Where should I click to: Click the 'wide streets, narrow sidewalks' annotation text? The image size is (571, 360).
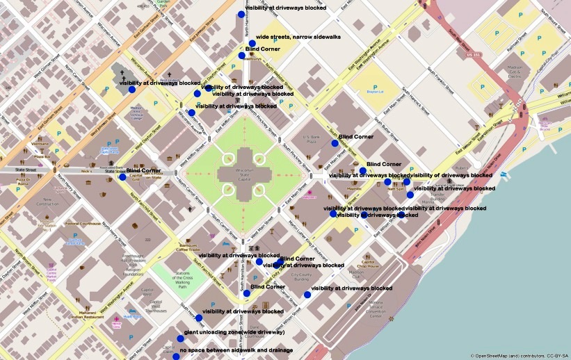pos(298,37)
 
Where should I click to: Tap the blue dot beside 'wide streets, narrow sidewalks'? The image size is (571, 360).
pos(252,43)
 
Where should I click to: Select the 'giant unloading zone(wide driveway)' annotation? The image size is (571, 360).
pos(234,333)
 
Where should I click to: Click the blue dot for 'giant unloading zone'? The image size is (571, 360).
pos(180,339)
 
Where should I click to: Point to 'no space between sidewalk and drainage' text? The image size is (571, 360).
pos(236,350)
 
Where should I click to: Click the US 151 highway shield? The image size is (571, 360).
pos(474,54)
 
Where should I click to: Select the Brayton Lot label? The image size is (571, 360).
pos(375,92)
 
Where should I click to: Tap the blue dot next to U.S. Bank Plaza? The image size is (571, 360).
pos(335,144)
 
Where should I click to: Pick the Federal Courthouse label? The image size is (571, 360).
pos(83,224)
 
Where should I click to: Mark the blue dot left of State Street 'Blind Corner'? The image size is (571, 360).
pos(122,177)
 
